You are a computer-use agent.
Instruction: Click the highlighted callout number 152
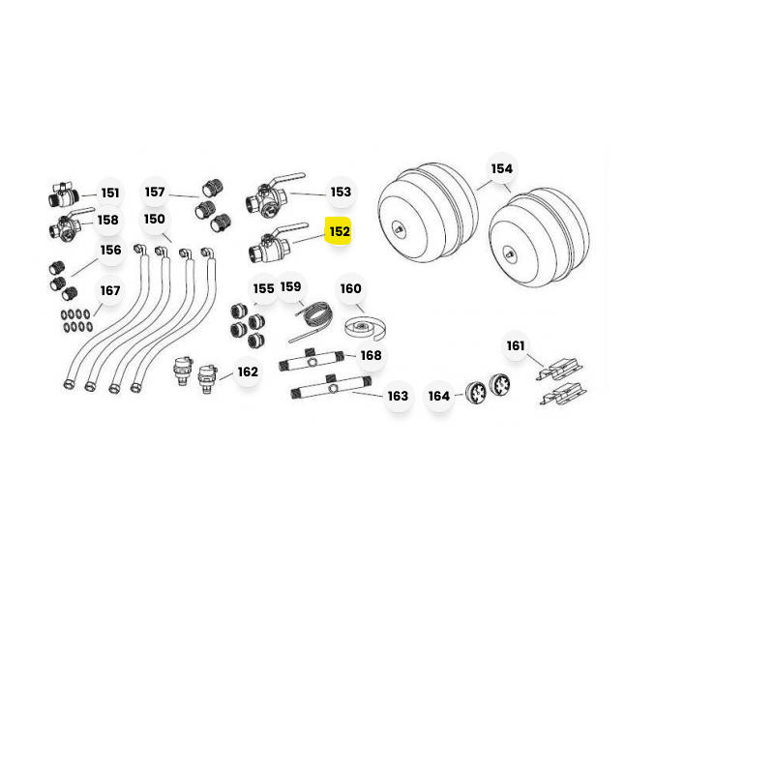point(340,231)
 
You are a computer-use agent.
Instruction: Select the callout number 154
point(501,168)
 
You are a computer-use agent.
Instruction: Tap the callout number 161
point(516,345)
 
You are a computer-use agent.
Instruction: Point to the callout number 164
point(439,396)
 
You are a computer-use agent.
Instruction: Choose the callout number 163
point(398,396)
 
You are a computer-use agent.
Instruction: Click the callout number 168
point(371,355)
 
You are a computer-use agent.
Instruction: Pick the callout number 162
point(248,372)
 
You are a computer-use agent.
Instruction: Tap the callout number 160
point(350,288)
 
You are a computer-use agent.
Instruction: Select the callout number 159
point(290,286)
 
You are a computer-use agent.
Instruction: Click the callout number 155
point(263,288)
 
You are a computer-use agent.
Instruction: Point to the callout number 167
point(110,291)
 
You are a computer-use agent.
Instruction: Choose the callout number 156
point(110,251)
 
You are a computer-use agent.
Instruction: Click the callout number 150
point(155,219)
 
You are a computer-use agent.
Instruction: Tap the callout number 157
point(155,192)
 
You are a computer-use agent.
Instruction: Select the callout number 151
point(110,193)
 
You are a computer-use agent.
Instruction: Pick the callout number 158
point(108,220)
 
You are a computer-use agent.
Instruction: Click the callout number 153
point(341,192)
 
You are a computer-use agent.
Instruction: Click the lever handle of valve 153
point(287,179)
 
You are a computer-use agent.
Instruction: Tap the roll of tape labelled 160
point(365,329)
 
